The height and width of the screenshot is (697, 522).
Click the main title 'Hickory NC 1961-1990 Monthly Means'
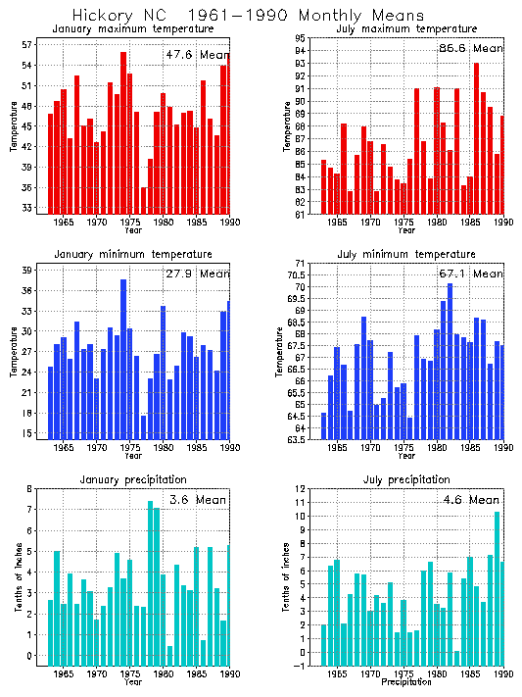[249, 16]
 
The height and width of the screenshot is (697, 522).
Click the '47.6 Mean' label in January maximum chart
[196, 55]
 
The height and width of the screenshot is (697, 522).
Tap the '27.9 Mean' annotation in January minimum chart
[197, 274]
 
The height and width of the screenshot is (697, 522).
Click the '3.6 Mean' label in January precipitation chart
[197, 500]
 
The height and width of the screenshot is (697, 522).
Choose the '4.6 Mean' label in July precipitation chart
[470, 500]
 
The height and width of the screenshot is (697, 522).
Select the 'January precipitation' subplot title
[134, 479]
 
